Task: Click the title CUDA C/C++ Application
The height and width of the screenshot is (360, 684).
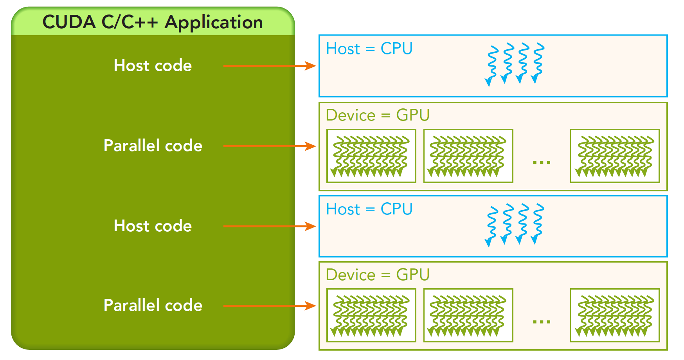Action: point(153,22)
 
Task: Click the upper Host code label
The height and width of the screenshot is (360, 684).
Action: point(153,65)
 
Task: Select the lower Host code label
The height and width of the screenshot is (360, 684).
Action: point(153,226)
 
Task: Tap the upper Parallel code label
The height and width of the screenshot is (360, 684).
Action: point(153,146)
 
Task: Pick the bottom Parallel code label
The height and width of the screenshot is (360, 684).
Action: point(153,305)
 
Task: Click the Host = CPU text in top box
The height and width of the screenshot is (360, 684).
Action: point(369,49)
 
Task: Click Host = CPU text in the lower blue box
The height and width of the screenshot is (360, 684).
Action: point(369,209)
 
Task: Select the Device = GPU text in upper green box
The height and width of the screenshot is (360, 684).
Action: point(378,115)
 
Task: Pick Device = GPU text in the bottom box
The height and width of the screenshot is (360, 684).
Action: point(378,275)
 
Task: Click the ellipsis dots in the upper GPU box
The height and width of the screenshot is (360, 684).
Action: point(542,162)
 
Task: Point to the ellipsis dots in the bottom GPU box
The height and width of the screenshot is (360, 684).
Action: point(542,322)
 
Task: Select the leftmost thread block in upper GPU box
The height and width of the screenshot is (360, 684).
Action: point(371,156)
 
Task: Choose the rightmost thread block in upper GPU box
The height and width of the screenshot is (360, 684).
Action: point(615,156)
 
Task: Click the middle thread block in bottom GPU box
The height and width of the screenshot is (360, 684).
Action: point(468,315)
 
